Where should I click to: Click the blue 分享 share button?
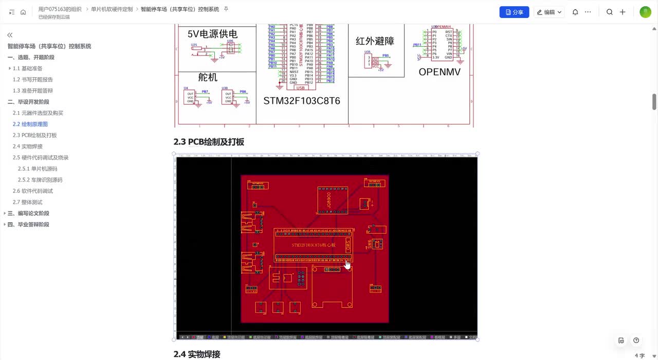point(514,12)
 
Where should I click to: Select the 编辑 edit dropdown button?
point(549,12)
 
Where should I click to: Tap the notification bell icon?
point(575,12)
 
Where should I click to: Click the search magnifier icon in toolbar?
point(609,12)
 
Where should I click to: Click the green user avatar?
point(645,12)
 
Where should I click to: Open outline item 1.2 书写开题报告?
point(33,80)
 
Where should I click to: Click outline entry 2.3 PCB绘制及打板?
point(35,135)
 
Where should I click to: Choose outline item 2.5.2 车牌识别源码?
point(40,180)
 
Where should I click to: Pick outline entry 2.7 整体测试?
point(28,202)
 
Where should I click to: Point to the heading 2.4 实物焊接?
point(197,354)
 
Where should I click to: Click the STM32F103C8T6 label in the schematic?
point(302,101)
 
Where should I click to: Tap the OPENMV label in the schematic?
point(440,72)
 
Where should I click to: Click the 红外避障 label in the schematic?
point(375,41)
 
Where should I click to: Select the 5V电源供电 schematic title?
point(212,34)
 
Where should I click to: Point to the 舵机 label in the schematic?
point(208,77)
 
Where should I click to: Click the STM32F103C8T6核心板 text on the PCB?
point(313,245)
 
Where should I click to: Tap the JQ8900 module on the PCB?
point(328,200)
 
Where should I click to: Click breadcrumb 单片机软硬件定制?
point(112,9)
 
